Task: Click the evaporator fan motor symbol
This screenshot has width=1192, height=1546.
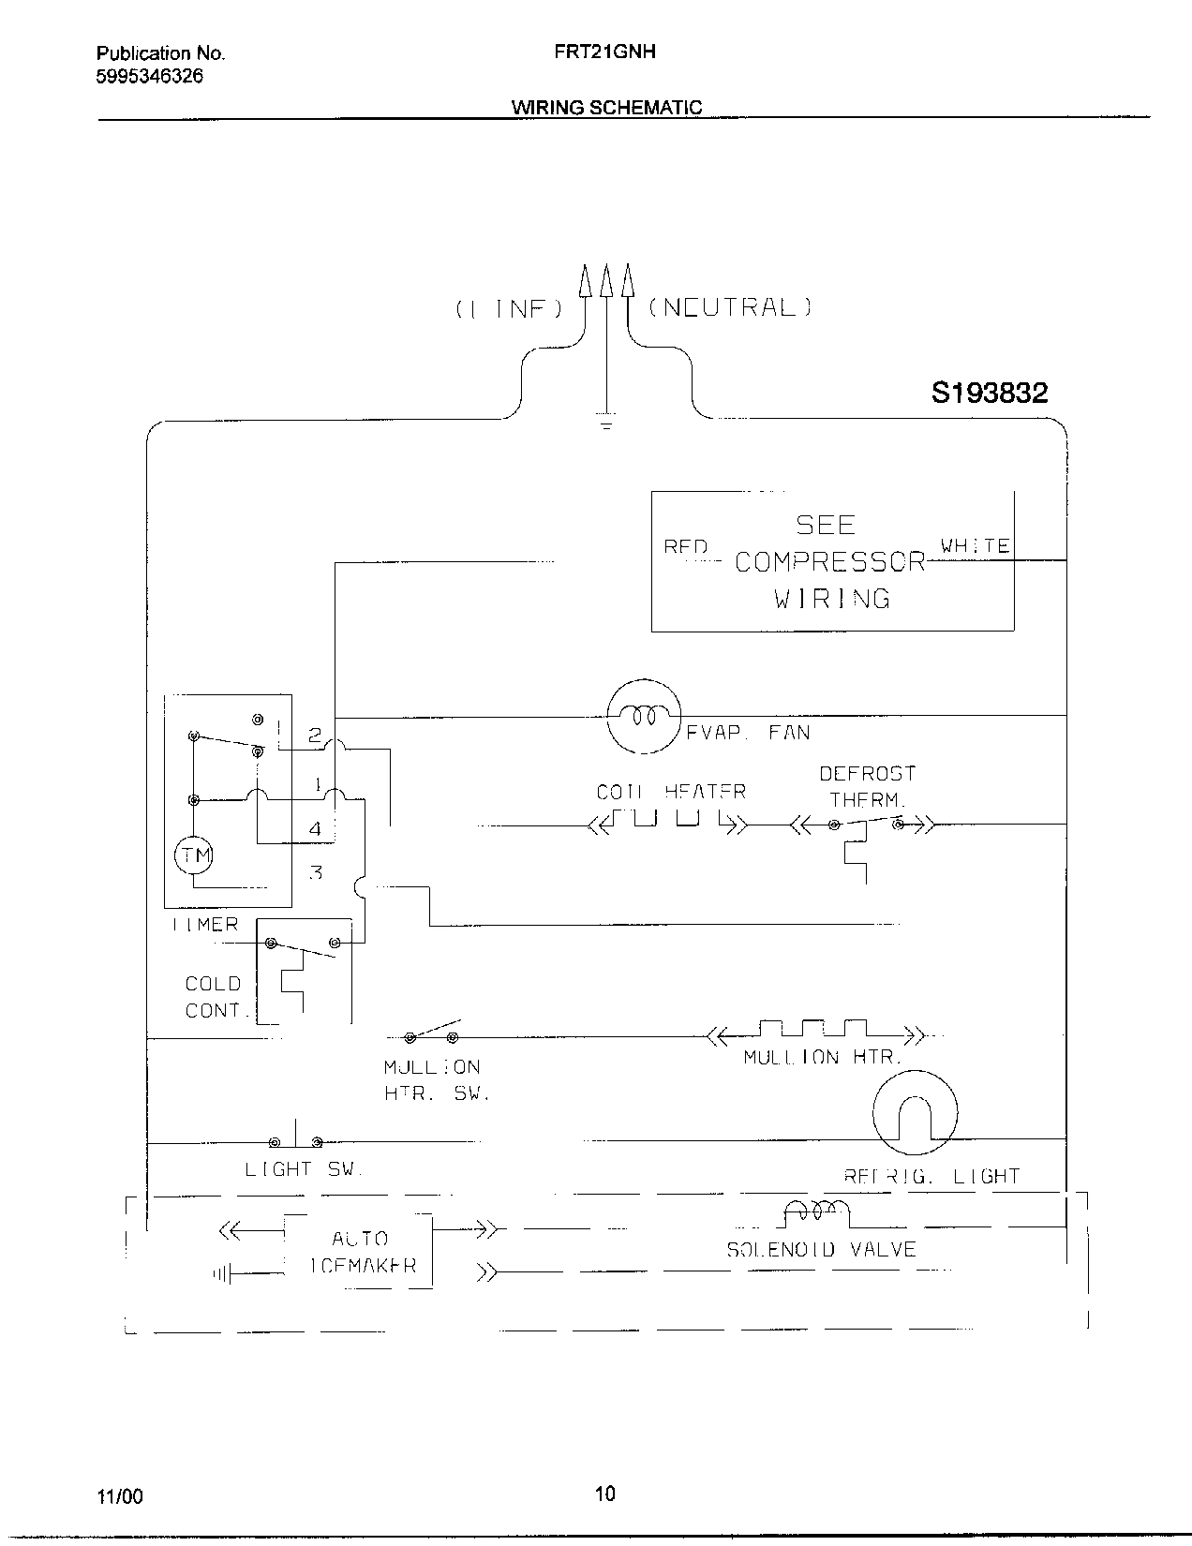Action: (644, 717)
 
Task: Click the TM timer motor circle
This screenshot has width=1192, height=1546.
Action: (193, 855)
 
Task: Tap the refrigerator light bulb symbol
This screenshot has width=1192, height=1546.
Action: (915, 1114)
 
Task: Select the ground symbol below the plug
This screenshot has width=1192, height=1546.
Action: (606, 424)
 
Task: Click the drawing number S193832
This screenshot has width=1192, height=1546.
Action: (989, 394)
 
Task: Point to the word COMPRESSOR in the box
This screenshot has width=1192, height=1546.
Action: (829, 562)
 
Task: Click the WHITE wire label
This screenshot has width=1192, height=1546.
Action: (975, 545)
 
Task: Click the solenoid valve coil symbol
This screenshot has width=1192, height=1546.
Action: (814, 1213)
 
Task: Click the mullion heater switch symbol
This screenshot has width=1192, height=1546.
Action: (432, 1033)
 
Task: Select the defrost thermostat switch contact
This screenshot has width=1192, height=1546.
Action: (866, 825)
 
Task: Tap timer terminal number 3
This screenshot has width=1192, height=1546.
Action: (316, 872)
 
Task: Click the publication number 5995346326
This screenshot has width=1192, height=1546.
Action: (148, 77)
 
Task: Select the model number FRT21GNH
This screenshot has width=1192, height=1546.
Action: (604, 52)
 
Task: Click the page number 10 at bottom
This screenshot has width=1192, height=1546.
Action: (605, 1494)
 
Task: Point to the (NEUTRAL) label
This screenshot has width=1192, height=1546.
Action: (730, 307)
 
